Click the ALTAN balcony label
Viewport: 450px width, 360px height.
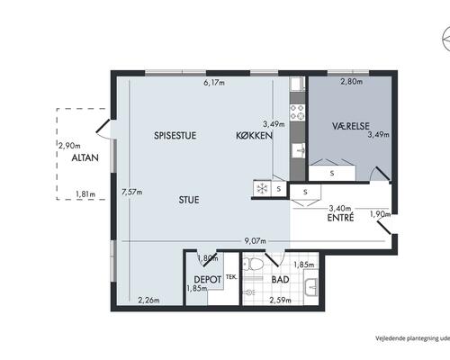[x=85, y=157]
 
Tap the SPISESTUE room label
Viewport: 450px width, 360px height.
[x=175, y=135]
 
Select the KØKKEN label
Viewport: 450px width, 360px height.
[x=255, y=135]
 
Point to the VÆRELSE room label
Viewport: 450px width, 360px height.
[x=351, y=126]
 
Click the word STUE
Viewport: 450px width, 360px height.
[x=189, y=200]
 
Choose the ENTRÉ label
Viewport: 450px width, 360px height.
[x=340, y=217]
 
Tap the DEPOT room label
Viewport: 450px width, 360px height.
[x=208, y=280]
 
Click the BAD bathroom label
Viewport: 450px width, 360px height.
[x=281, y=280]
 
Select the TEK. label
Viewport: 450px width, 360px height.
[x=231, y=277]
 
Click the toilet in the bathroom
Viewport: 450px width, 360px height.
[x=254, y=264]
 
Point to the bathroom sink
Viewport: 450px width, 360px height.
[x=311, y=287]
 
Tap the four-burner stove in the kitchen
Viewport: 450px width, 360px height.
[x=297, y=112]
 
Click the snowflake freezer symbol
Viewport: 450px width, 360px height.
[x=262, y=189]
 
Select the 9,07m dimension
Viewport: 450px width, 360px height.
[x=255, y=241]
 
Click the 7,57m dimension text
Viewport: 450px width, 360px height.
[x=132, y=192]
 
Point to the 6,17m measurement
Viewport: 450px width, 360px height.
[x=214, y=83]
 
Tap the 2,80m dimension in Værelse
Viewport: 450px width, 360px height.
[x=352, y=81]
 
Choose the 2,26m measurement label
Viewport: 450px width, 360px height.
[x=148, y=300]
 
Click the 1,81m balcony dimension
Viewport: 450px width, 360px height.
[x=85, y=194]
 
